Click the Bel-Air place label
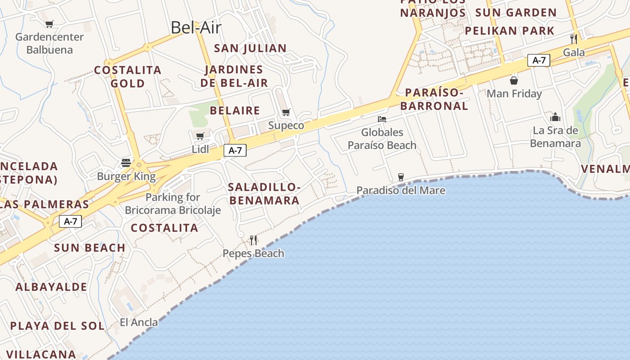196,28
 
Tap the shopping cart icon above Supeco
286,112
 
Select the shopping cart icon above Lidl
200,136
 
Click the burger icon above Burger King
126,163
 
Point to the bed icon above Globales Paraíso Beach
382,119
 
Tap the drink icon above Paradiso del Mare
401,177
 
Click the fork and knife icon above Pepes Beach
253,240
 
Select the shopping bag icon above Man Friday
514,81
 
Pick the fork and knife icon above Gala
574,39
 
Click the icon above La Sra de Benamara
555,117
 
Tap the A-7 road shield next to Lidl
235,150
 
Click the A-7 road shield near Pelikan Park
539,60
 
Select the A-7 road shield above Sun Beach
70,221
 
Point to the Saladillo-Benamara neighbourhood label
264,194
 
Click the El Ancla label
139,322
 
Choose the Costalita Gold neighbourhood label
128,76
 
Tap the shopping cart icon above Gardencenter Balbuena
49,24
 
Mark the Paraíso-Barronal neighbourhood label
434,99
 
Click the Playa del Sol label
57,326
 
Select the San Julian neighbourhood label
250,48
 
